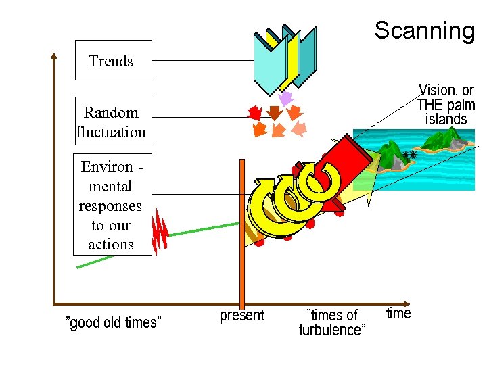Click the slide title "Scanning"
coord(425,30)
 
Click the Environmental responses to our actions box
coord(111,205)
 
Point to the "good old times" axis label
coord(113,322)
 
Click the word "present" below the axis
coord(241,316)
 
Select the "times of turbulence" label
coord(332,322)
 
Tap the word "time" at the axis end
coord(398,313)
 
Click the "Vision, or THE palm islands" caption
coord(446,105)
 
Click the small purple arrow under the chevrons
coord(285,99)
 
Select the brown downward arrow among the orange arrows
coord(275,112)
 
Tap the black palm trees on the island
coord(409,155)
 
